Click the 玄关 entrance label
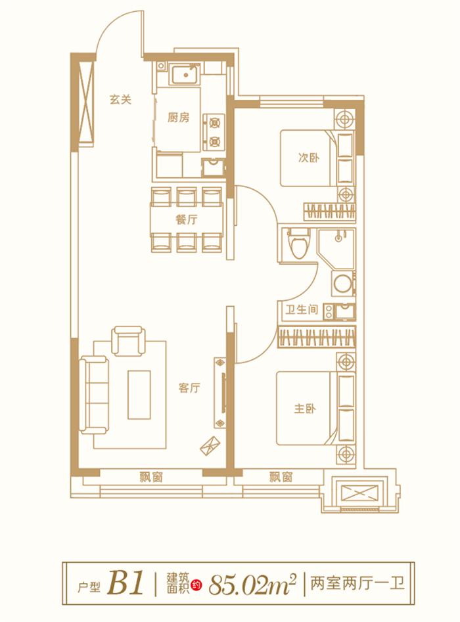pos(121,100)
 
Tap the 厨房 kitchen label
pos(178,118)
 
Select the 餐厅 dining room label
pos(186,221)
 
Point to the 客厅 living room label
pos(189,388)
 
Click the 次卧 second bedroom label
pos(308,158)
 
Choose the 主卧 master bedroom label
pos(305,408)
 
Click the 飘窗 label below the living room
pos(151,478)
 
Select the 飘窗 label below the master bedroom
pos(281,478)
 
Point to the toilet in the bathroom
pos(299,244)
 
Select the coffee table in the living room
pos(139,393)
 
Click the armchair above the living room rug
pos(128,340)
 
